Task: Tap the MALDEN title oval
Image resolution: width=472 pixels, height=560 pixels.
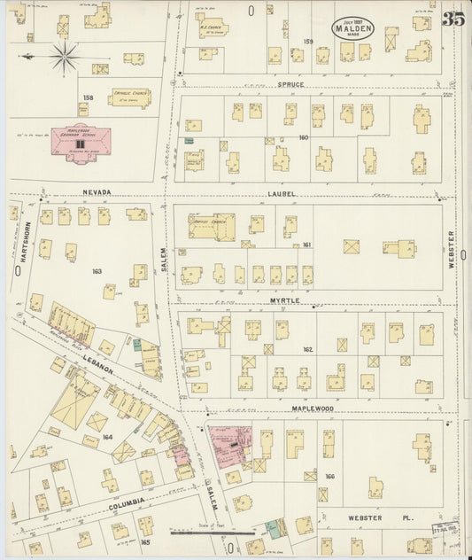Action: tap(353, 28)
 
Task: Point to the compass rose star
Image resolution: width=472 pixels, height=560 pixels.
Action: tap(63, 58)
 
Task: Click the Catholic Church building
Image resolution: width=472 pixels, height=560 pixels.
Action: tap(130, 96)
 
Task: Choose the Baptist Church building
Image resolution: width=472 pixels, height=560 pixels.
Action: tap(211, 227)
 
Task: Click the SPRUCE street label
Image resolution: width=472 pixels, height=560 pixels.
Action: tap(290, 86)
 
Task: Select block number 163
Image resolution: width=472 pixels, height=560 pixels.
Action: tap(97, 272)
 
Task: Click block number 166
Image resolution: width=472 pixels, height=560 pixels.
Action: tap(329, 477)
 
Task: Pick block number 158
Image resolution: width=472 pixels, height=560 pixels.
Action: tap(88, 97)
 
